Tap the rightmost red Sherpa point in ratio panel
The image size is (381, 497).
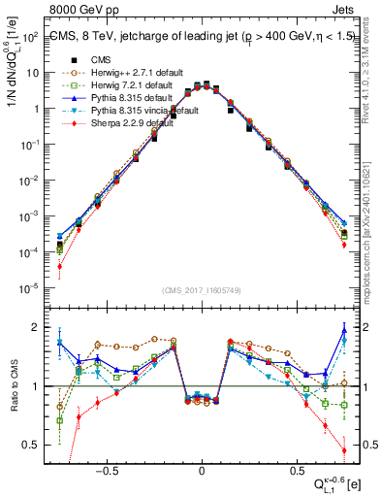[344, 449]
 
